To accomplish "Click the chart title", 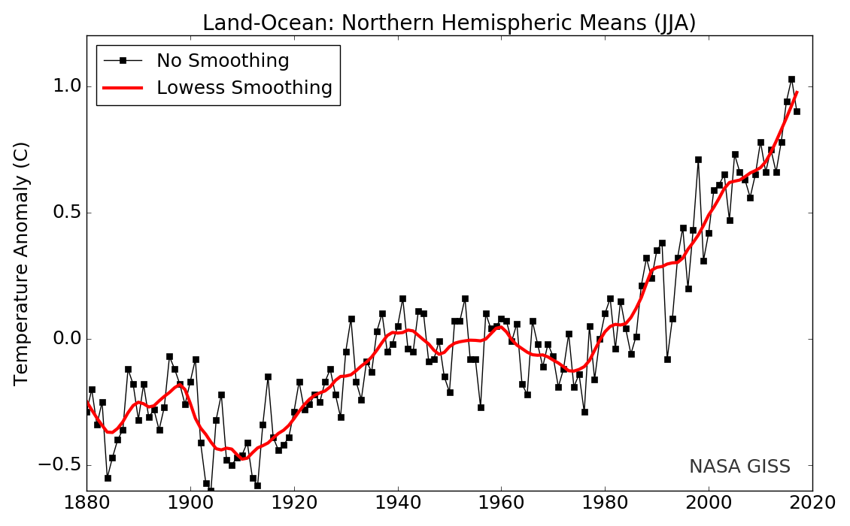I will [x=449, y=23].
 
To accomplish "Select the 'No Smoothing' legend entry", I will [x=223, y=61].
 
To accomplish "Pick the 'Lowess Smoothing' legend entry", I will [x=244, y=88].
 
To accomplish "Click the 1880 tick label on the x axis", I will [x=87, y=503].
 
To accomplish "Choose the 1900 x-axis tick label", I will [x=190, y=503].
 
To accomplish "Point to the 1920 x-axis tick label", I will [x=294, y=503].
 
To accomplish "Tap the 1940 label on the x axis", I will [x=398, y=503].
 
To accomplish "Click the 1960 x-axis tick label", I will [x=501, y=503].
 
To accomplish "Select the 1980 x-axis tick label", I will [x=605, y=503].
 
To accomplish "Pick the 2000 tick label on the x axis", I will [x=709, y=503].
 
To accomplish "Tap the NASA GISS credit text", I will [x=739, y=467].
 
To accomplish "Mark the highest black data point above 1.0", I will [x=791, y=79].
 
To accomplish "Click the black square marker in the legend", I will [x=123, y=61].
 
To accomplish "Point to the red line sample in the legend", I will [x=123, y=88].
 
